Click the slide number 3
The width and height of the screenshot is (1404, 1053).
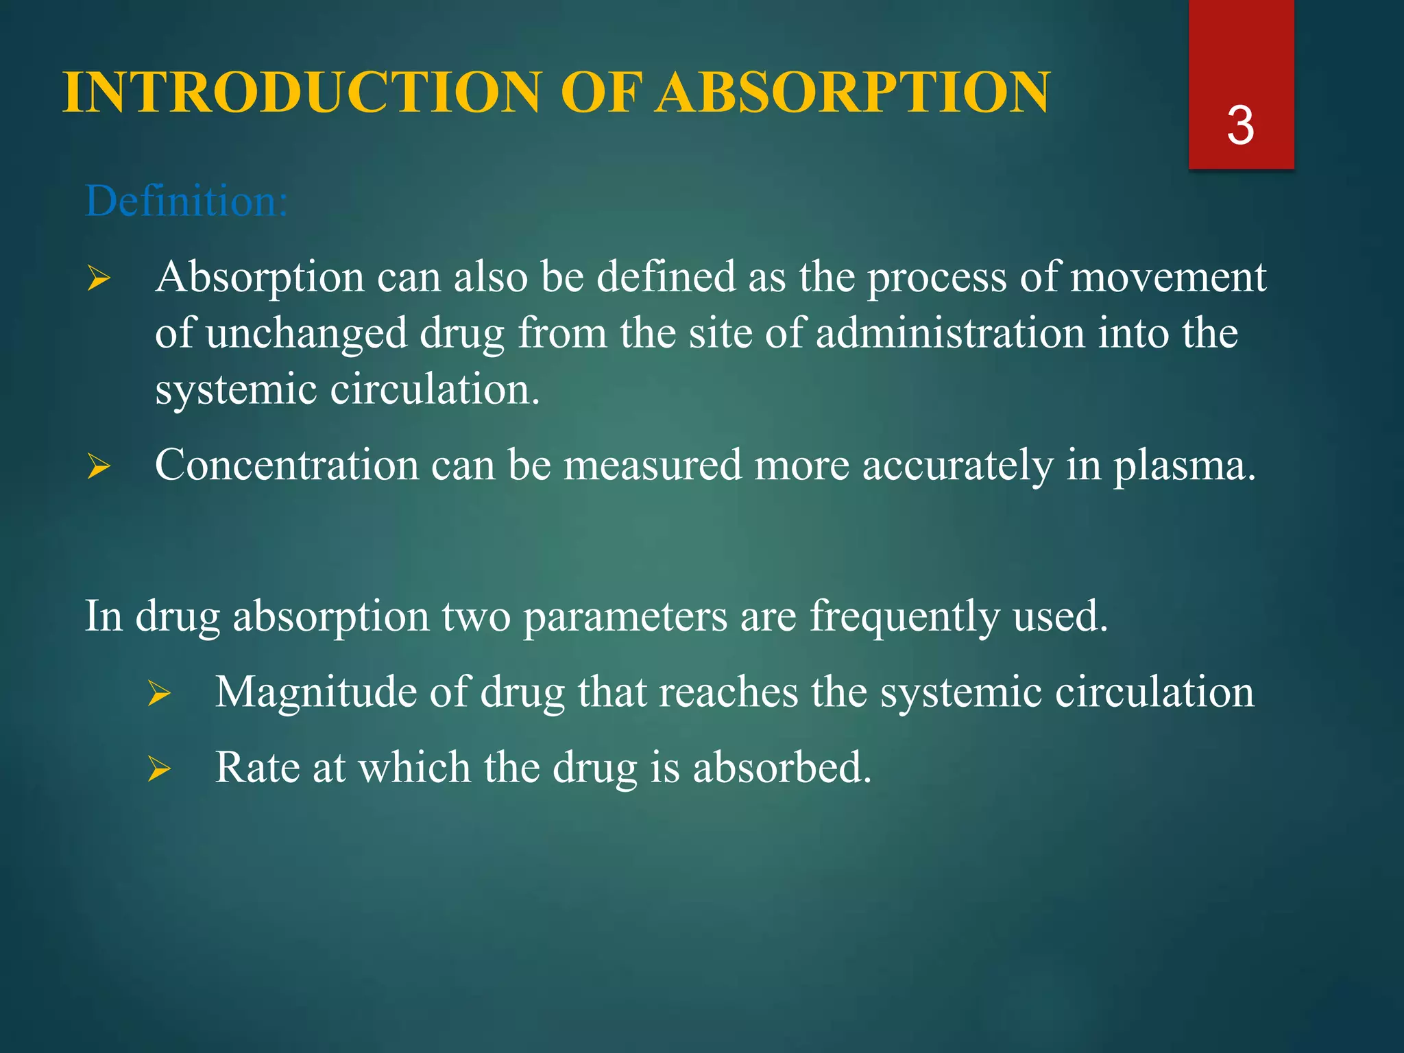coord(1240,126)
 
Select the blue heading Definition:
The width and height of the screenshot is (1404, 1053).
coord(186,202)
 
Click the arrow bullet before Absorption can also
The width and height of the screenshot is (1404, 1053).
coord(99,279)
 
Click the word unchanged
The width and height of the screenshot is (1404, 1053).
coord(306,334)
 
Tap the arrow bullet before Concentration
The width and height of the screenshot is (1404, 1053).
coord(99,468)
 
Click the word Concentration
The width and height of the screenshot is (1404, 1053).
coord(287,465)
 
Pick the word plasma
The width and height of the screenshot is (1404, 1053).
coord(1183,466)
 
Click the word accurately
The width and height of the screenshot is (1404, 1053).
coord(957,466)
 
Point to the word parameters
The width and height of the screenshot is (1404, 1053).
coord(625,616)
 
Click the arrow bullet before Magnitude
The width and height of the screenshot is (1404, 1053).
coord(159,694)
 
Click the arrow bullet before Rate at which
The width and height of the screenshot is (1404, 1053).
coord(159,770)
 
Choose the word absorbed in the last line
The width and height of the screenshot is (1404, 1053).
coord(782,767)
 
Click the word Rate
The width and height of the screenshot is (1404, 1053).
coord(257,767)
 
